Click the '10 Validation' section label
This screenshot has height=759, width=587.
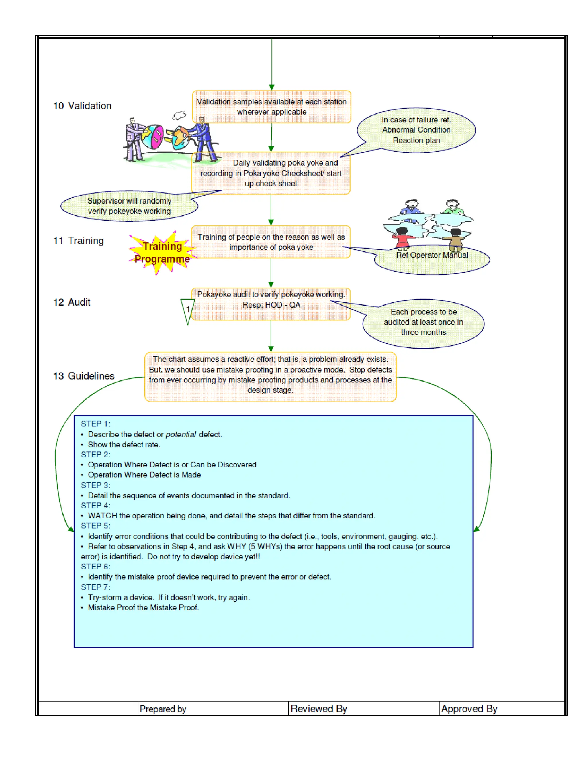83,106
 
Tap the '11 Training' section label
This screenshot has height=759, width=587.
79,241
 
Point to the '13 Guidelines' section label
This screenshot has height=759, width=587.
84,376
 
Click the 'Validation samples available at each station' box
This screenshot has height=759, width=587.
272,107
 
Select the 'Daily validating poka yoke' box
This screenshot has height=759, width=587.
271,173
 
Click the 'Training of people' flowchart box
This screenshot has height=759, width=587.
271,242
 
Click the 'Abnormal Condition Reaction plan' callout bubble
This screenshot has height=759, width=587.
416,130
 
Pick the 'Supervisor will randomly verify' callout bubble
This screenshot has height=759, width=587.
129,206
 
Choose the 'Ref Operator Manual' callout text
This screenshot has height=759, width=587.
432,255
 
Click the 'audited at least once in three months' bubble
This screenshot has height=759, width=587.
423,322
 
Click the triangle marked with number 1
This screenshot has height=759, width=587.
188,310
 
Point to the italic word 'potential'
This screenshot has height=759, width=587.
181,434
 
